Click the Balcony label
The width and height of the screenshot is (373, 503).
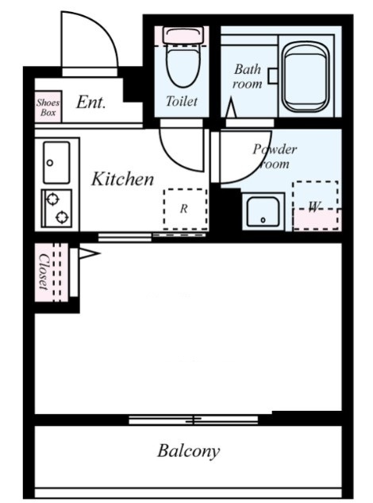click(x=188, y=451)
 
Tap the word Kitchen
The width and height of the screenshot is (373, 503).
click(x=122, y=179)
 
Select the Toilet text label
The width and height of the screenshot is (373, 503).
click(x=182, y=102)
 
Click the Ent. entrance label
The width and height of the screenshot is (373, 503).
click(x=91, y=103)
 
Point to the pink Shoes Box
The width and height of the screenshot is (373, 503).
click(x=48, y=106)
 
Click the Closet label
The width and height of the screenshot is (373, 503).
click(x=44, y=272)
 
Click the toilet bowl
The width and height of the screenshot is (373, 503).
click(x=182, y=67)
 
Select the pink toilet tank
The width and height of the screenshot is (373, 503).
click(x=183, y=35)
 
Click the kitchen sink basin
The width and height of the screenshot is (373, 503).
click(x=56, y=163)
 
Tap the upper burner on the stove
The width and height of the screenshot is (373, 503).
click(x=53, y=199)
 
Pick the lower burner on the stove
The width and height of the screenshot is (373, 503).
click(x=62, y=218)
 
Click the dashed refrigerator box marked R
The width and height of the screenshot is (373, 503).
click(x=185, y=209)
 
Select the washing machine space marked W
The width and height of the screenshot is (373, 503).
click(x=316, y=205)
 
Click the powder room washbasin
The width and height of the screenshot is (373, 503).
click(x=263, y=212)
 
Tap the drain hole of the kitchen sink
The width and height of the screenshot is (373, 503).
click(x=50, y=163)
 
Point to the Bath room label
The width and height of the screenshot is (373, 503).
click(x=248, y=76)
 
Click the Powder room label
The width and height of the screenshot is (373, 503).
click(x=275, y=157)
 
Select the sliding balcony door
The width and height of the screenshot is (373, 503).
click(x=194, y=420)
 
